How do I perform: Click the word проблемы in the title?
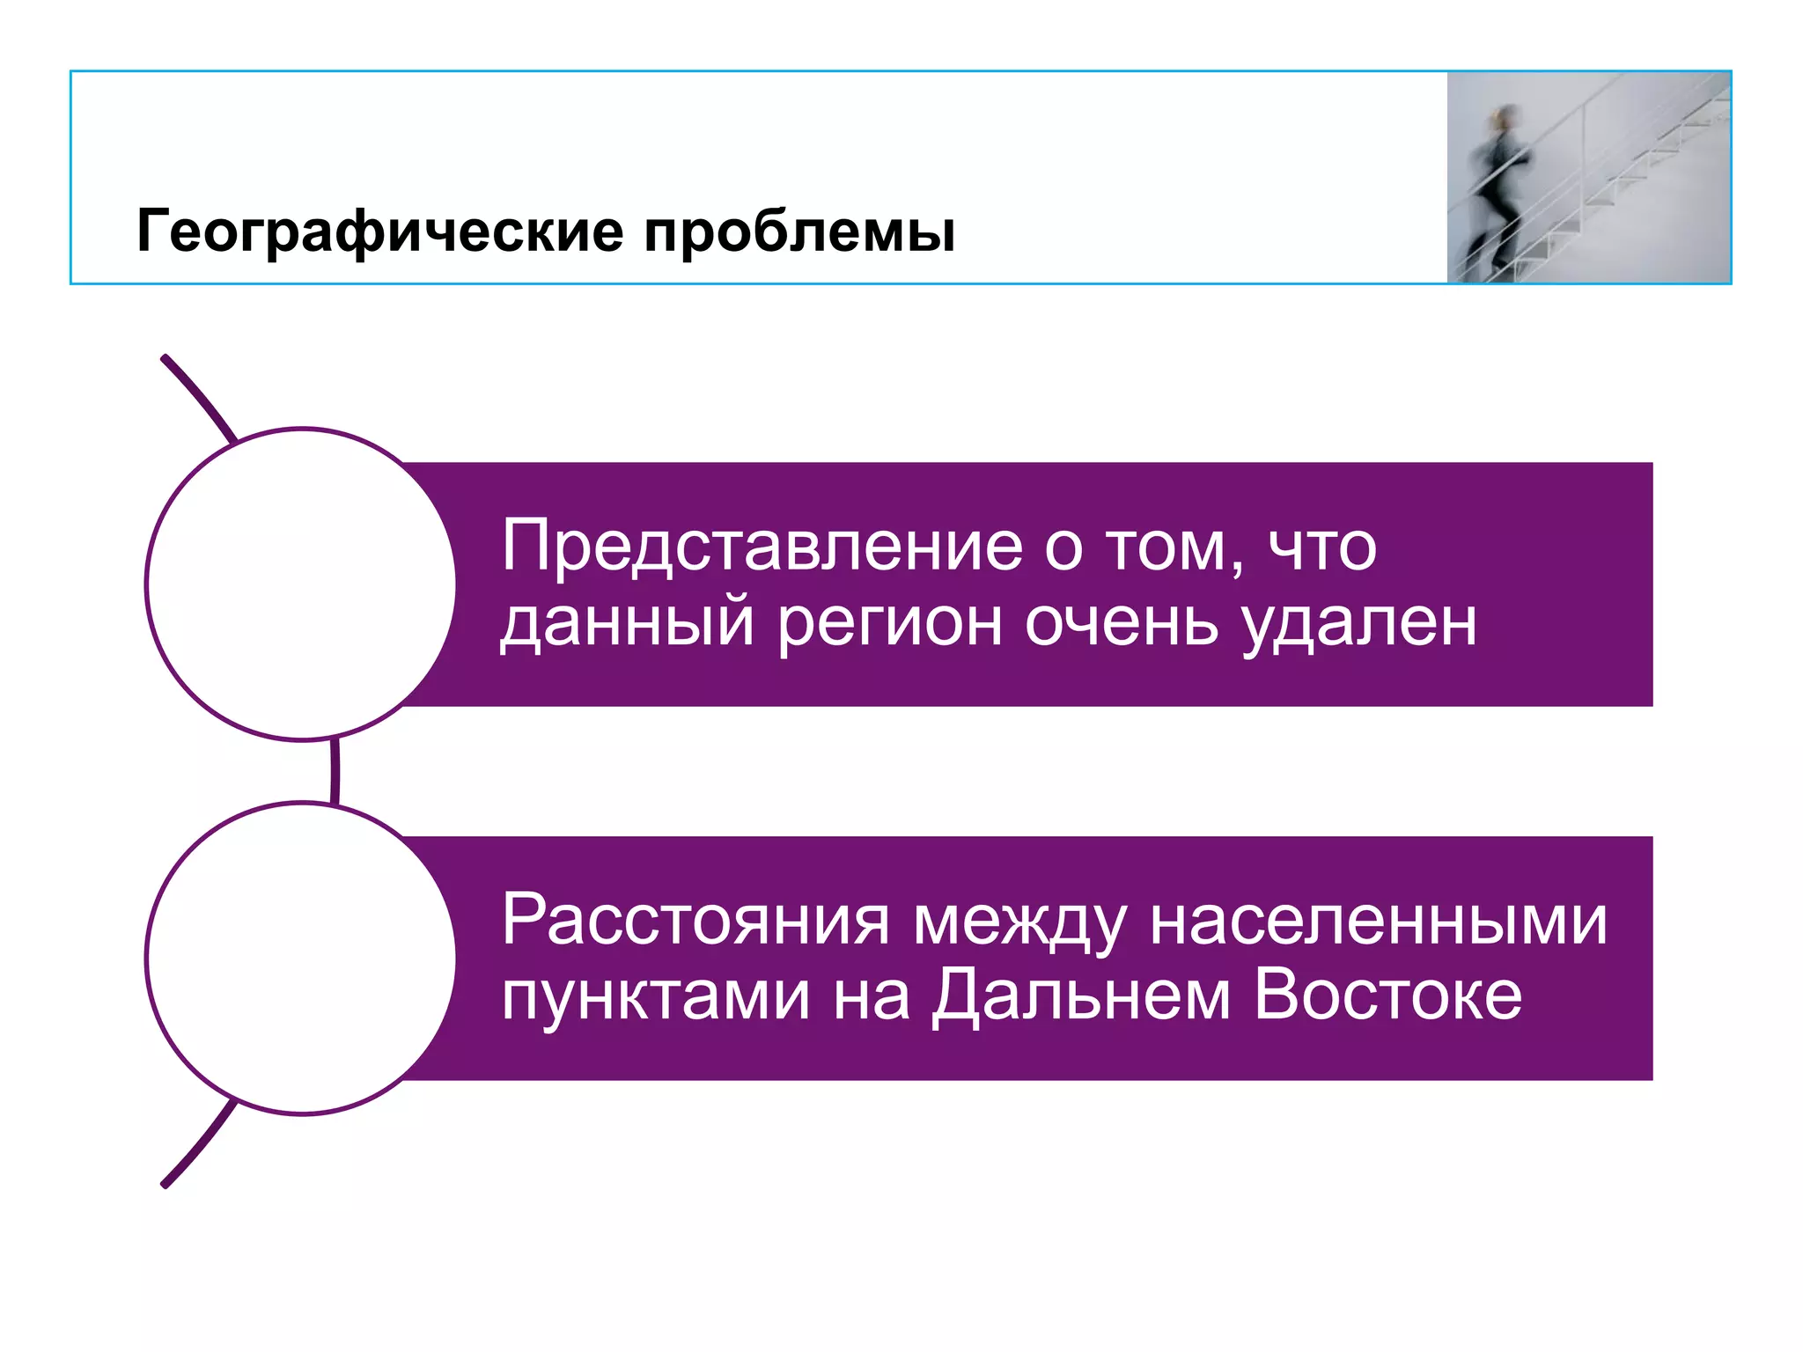[x=798, y=232]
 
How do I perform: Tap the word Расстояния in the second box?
[x=695, y=921]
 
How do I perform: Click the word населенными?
[x=1378, y=921]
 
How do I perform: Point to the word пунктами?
[x=656, y=996]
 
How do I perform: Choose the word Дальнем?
[x=1081, y=996]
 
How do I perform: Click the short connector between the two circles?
[x=335, y=771]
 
